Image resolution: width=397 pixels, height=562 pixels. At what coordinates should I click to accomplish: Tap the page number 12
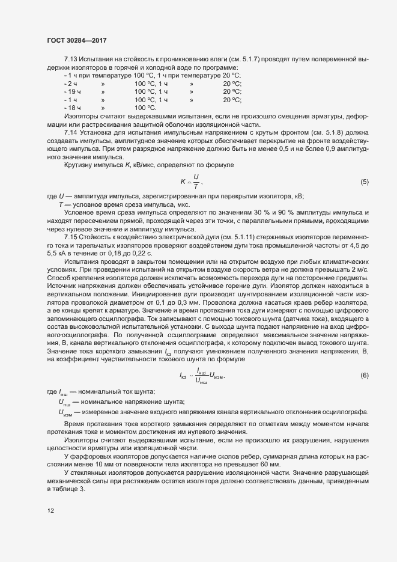point(50,511)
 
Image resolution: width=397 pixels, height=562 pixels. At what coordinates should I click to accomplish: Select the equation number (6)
point(364,375)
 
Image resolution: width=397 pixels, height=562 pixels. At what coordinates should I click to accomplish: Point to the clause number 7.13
point(71,60)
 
